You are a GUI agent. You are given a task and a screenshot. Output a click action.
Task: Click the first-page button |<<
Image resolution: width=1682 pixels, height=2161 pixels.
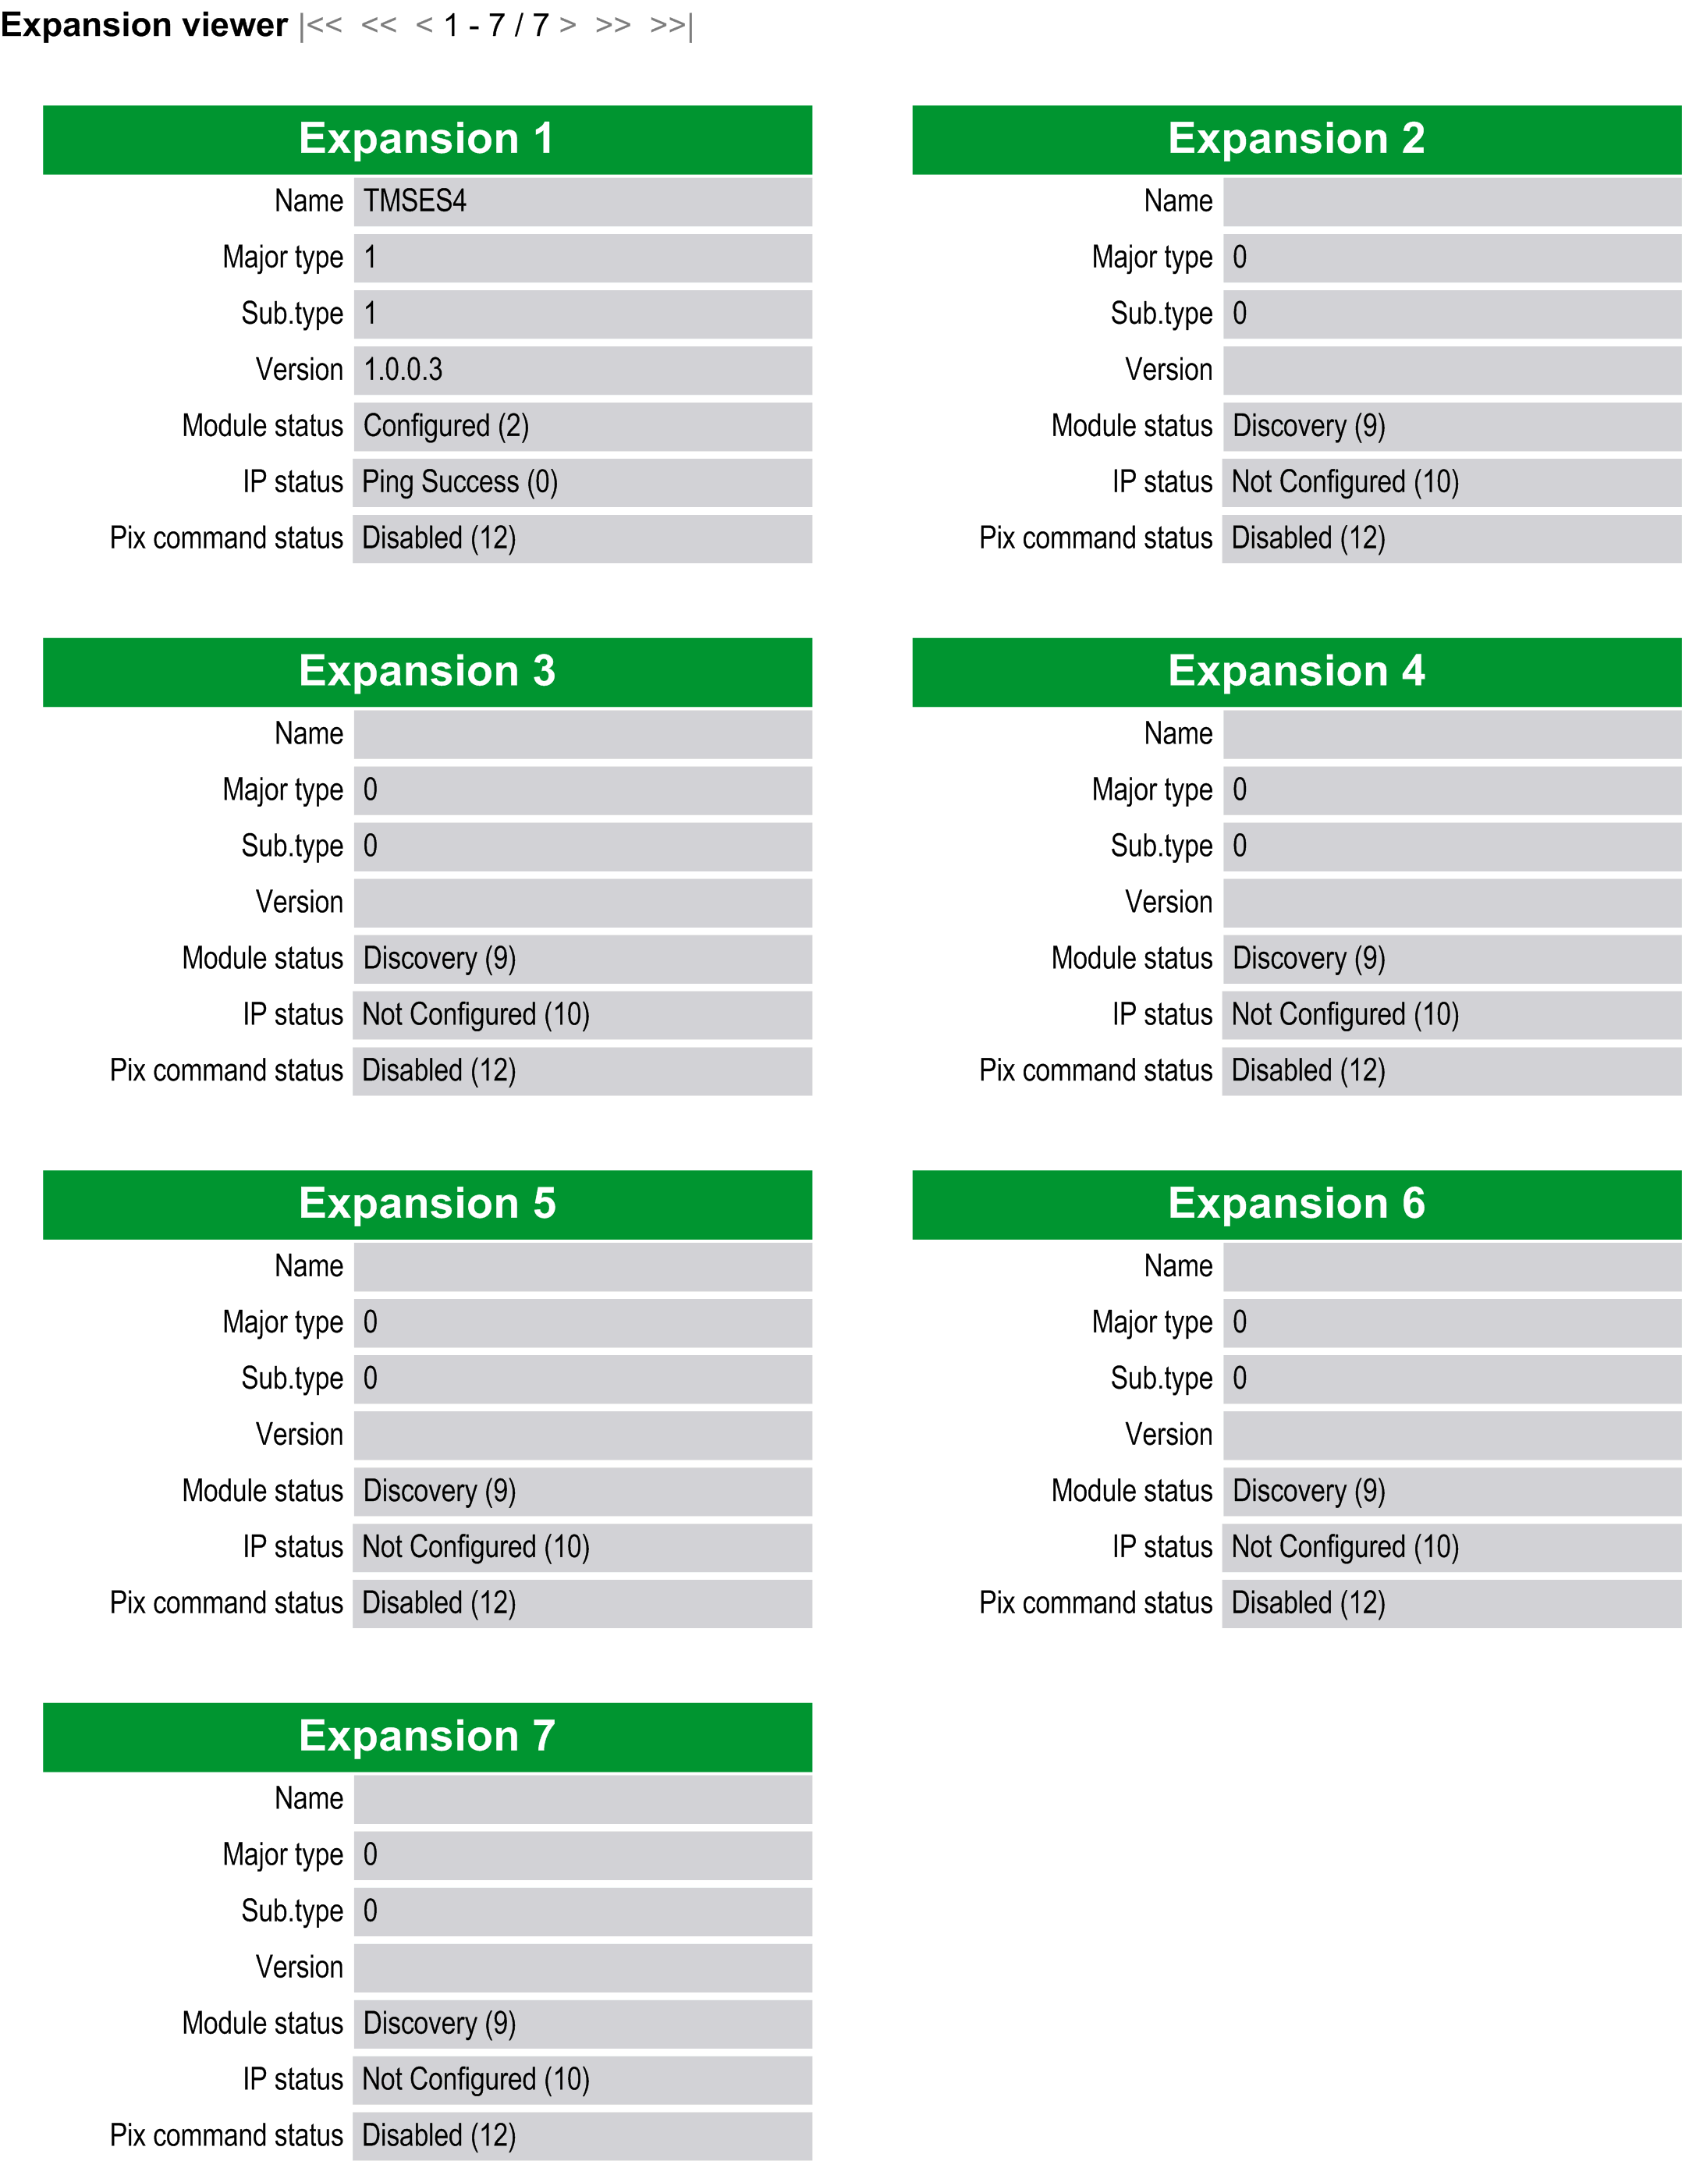click(321, 26)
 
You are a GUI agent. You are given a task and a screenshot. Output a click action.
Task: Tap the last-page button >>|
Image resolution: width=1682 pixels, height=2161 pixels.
click(671, 26)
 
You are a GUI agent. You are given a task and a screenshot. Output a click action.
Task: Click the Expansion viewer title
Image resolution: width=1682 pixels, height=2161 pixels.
click(144, 25)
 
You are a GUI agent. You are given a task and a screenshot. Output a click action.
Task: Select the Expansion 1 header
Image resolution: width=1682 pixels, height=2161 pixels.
click(428, 140)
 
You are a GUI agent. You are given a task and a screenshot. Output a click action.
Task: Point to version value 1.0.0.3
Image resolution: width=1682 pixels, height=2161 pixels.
click(403, 370)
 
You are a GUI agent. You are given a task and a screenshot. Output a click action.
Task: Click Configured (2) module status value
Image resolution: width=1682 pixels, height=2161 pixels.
click(445, 427)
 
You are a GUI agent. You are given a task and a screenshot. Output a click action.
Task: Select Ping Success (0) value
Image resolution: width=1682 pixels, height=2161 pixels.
click(460, 483)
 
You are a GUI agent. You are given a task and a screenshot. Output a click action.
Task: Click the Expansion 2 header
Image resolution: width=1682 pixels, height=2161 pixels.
click(1296, 140)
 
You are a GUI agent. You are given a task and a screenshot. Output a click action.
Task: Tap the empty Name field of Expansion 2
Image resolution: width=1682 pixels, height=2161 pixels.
click(1450, 202)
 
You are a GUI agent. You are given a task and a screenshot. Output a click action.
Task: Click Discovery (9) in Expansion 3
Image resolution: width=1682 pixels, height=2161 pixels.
click(439, 959)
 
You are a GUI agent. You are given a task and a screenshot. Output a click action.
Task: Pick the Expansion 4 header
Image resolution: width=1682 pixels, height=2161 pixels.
click(1296, 672)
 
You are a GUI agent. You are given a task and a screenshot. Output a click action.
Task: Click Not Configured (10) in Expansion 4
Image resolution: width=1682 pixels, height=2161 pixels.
click(1345, 1015)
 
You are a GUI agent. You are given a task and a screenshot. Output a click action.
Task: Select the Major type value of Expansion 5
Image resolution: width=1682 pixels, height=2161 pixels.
click(370, 1323)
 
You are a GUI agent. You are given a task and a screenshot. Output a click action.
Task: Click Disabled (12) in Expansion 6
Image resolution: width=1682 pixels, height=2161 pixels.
click(1308, 1603)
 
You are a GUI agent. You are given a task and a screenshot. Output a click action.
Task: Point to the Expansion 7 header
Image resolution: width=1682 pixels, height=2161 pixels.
click(428, 1737)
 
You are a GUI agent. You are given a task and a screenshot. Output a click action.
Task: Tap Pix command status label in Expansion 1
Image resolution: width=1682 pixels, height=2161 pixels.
click(226, 538)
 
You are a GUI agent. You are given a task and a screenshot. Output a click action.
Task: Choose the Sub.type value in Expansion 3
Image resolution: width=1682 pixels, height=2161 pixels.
click(370, 847)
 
